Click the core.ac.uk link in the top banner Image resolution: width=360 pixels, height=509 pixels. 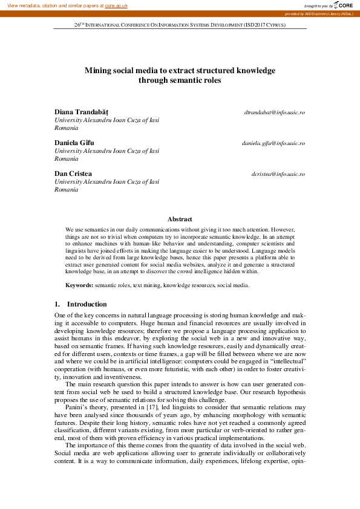116,5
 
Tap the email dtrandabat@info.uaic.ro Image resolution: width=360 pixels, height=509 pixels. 274,112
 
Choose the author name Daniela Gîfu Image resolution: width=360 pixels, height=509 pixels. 74,143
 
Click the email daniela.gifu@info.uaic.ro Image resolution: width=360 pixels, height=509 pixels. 273,143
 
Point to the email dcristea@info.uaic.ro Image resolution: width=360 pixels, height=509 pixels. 278,174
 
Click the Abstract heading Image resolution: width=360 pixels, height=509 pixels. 180,219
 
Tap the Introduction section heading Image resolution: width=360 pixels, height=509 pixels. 87,304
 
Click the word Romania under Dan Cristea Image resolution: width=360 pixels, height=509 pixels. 67,190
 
